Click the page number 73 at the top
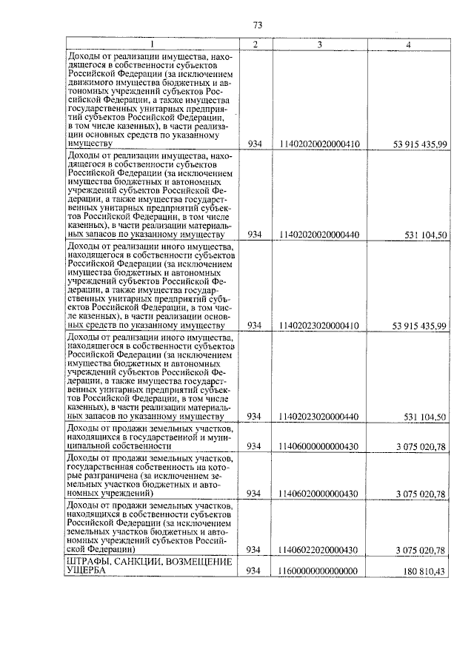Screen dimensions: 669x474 tap(257, 25)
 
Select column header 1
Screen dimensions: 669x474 tap(152, 44)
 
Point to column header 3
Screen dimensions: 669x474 tap(319, 44)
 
